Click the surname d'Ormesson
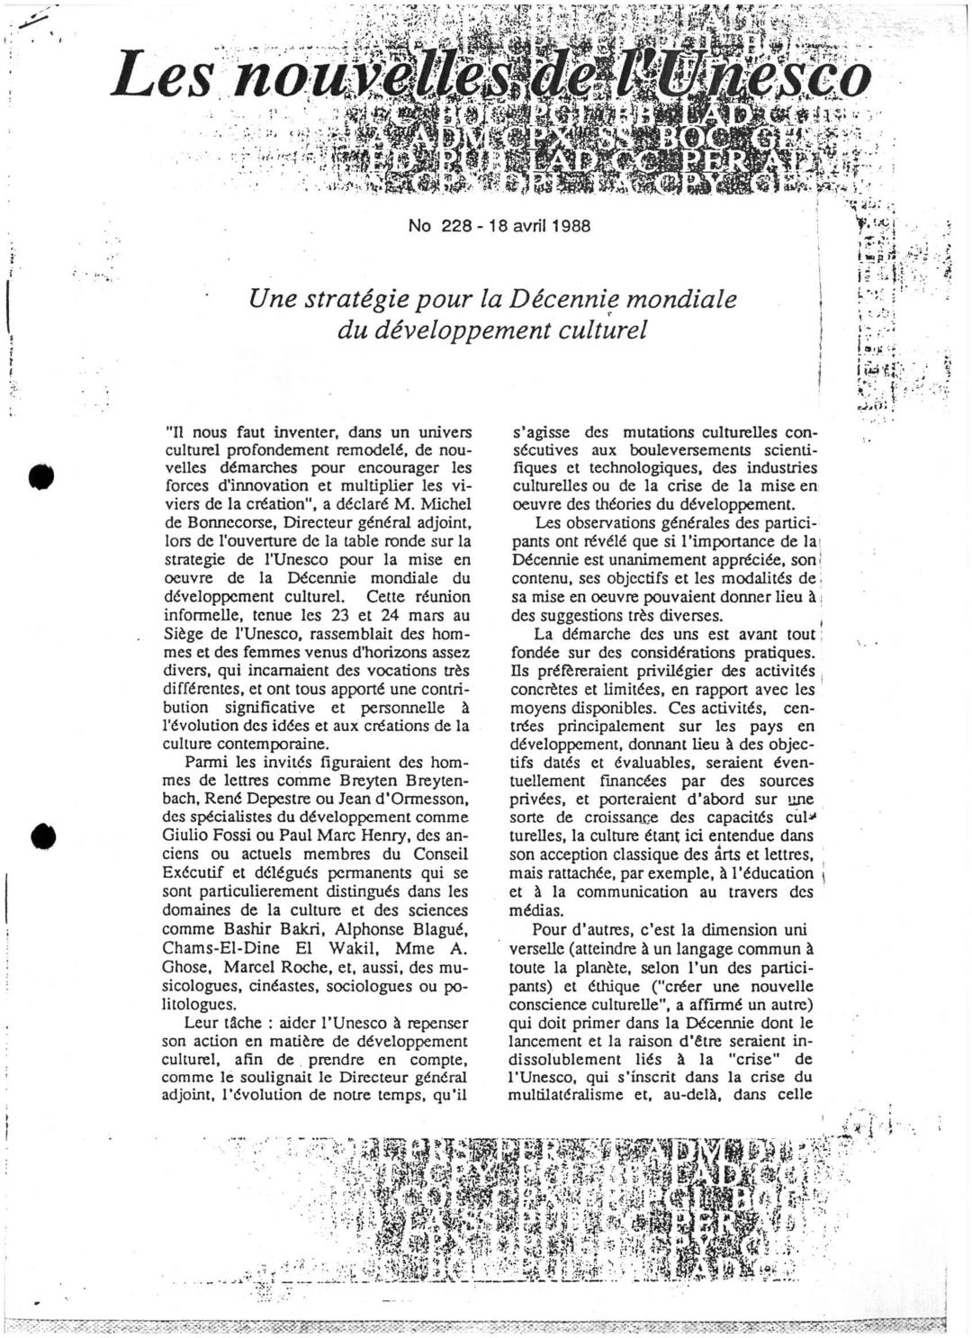coord(423,798)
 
